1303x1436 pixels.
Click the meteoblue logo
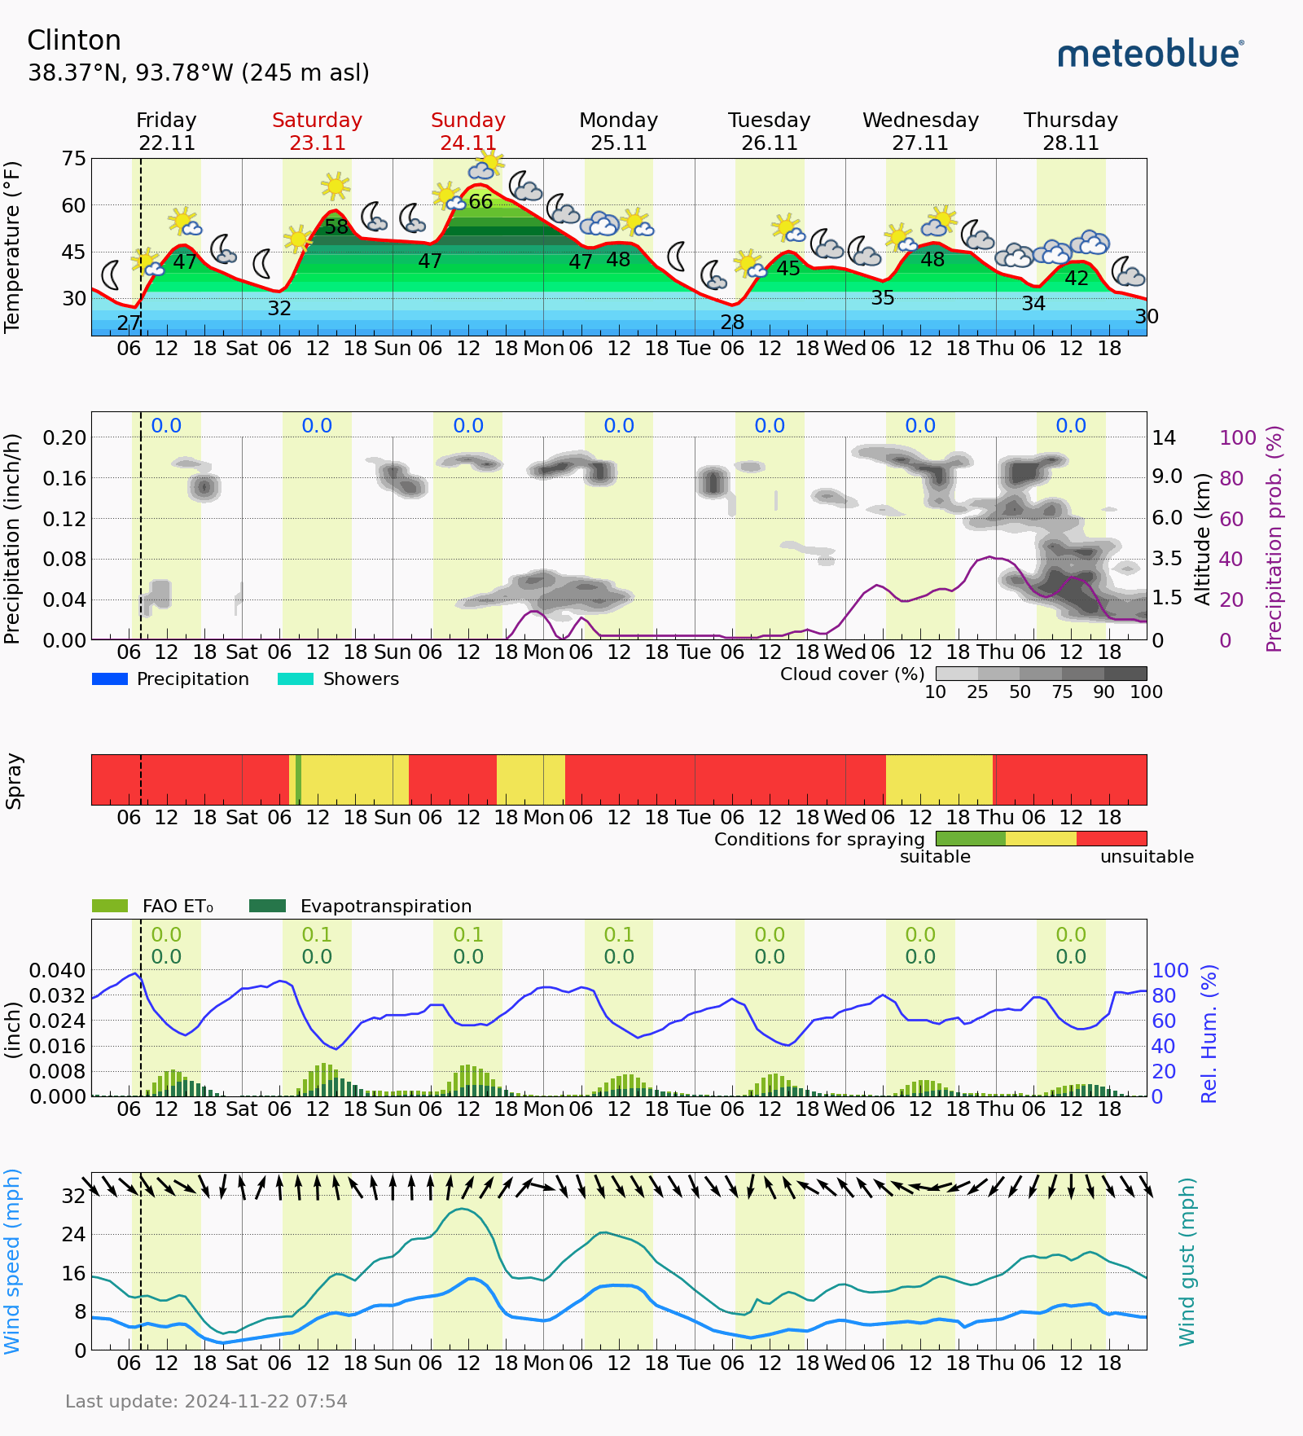click(1150, 54)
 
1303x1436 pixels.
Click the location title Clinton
click(74, 41)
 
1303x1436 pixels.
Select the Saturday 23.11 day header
click(317, 131)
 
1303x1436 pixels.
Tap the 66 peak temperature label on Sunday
click(480, 201)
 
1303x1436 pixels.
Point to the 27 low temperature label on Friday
click(129, 323)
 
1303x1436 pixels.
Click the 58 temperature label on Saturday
click(336, 227)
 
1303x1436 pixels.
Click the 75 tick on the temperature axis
click(73, 159)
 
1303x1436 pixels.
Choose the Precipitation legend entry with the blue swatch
click(171, 679)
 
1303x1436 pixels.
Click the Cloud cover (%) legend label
click(852, 674)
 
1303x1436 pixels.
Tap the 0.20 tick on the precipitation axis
click(64, 437)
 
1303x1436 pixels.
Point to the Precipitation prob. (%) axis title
click(1274, 538)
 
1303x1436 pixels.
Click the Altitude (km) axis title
click(1203, 538)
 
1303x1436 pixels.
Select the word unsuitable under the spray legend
click(1147, 857)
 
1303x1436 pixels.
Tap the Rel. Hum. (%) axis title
click(1209, 1034)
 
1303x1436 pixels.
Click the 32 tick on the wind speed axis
click(73, 1196)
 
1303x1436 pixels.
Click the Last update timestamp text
click(206, 1402)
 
